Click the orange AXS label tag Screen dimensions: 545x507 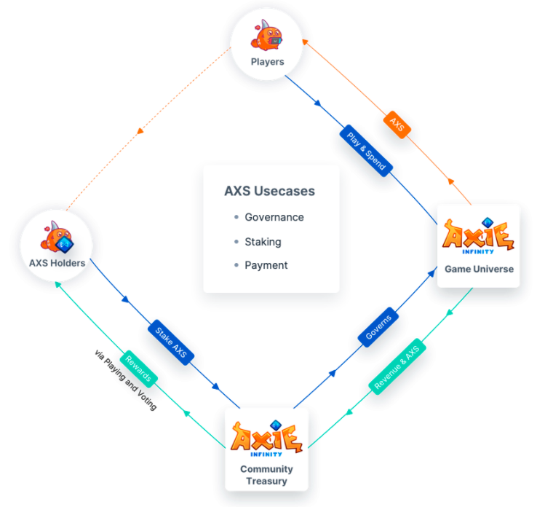pyautogui.click(x=397, y=125)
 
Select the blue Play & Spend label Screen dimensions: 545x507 pyautogui.click(x=366, y=151)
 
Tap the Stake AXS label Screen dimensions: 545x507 pyautogui.click(x=171, y=342)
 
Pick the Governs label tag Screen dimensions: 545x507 pyautogui.click(x=378, y=327)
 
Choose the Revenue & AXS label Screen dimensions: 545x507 pyautogui.click(x=397, y=366)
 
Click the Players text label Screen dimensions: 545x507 pyautogui.click(x=267, y=62)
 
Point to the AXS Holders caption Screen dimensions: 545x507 pyautogui.click(x=57, y=263)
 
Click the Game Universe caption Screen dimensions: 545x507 pyautogui.click(x=479, y=269)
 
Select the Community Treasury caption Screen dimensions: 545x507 pyautogui.click(x=266, y=475)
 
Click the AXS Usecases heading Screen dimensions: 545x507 pyautogui.click(x=269, y=191)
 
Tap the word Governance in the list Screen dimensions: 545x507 pyautogui.click(x=274, y=217)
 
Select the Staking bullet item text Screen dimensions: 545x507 pyautogui.click(x=263, y=242)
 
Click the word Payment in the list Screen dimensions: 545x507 pyautogui.click(x=266, y=265)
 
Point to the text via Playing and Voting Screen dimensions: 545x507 pyautogui.click(x=125, y=380)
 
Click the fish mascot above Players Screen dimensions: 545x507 pyautogui.click(x=266, y=35)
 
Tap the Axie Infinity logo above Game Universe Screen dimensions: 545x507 pyautogui.click(x=478, y=236)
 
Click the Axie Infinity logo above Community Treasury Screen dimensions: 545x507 pyautogui.click(x=266, y=438)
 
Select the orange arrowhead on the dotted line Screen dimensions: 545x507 pyautogui.click(x=140, y=131)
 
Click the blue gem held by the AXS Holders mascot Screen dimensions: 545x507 pyautogui.click(x=64, y=245)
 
